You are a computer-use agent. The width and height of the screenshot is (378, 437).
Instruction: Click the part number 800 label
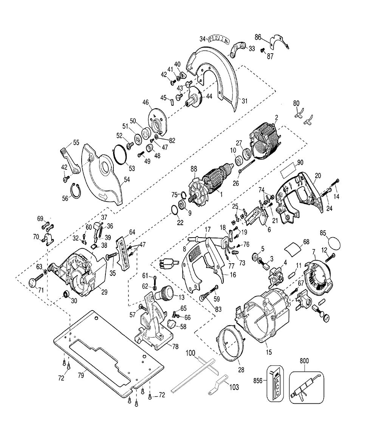304,361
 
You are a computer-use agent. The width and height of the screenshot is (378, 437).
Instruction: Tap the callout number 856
258,380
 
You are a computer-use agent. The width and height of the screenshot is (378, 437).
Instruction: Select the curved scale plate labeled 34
219,39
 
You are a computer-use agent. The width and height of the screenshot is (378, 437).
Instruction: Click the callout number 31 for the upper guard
245,102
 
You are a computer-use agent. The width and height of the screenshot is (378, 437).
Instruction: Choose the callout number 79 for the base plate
81,376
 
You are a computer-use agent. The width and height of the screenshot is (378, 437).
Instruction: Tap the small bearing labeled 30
67,293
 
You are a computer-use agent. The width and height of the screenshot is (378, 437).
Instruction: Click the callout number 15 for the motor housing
269,352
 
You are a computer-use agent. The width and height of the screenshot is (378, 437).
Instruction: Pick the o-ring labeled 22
174,211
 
